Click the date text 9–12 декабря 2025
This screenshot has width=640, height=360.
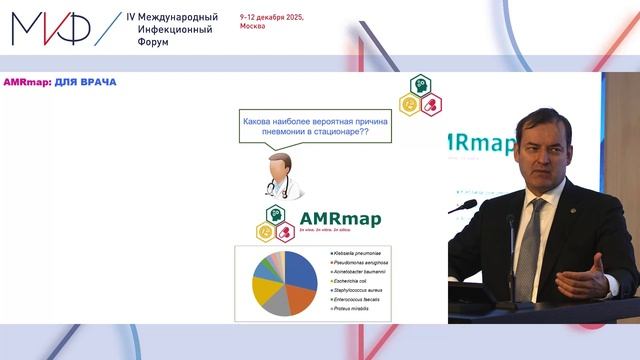point(272,18)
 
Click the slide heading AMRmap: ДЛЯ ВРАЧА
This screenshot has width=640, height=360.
point(60,82)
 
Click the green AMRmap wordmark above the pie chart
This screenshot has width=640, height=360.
point(340,218)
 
